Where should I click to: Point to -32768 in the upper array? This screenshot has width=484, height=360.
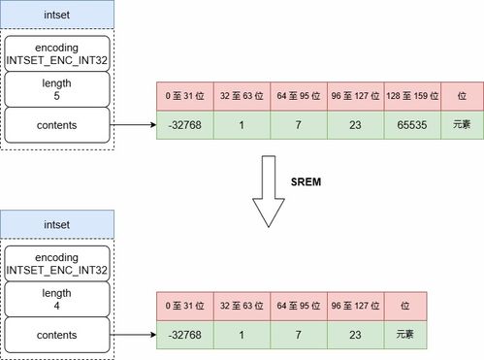point(183,125)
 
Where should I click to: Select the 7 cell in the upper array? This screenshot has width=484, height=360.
point(299,125)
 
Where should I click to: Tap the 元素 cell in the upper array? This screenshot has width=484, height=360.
point(460,125)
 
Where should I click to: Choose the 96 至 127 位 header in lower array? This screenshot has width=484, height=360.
point(356,305)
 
